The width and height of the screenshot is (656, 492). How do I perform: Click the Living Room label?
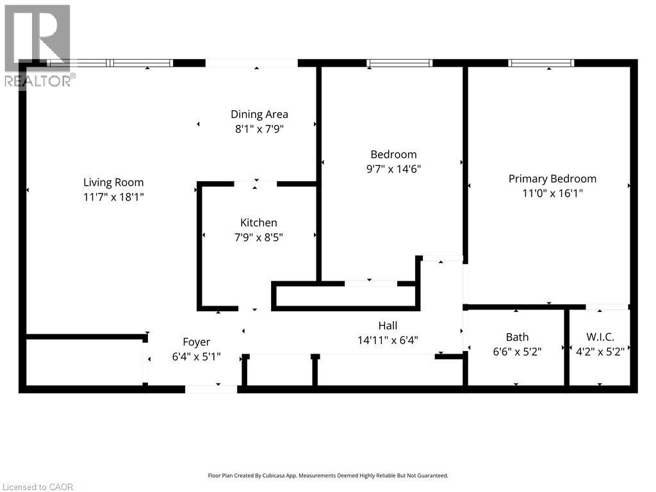tap(113, 183)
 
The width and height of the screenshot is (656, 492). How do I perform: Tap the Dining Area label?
tap(259, 115)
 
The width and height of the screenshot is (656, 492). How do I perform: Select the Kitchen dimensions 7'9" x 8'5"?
tap(259, 237)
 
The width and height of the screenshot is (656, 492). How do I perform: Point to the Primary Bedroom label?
tap(552, 179)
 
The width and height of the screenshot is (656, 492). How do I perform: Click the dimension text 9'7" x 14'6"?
tap(393, 169)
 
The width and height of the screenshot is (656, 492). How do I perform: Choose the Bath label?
tap(517, 337)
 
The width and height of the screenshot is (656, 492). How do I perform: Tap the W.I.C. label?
tap(600, 337)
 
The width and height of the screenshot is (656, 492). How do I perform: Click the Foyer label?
tap(196, 342)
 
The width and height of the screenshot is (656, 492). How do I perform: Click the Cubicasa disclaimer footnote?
tap(328, 475)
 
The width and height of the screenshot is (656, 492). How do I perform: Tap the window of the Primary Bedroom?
tap(541, 63)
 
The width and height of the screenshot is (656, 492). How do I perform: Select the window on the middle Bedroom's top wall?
tap(399, 63)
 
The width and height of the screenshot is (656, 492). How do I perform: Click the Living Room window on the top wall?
tap(110, 63)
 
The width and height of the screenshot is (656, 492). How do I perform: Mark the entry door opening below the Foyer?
tap(211, 389)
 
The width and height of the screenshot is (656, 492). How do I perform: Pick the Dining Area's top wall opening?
tap(252, 63)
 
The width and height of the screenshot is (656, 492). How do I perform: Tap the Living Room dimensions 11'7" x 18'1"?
tap(113, 197)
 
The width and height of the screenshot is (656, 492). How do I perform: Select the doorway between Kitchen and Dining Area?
tap(256, 184)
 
